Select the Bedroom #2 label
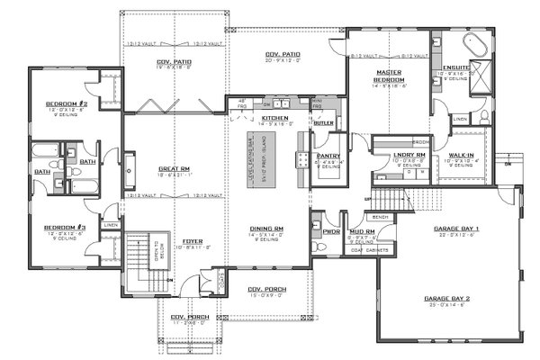[65, 104]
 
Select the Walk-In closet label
[462, 156]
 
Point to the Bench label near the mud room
[379, 217]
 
